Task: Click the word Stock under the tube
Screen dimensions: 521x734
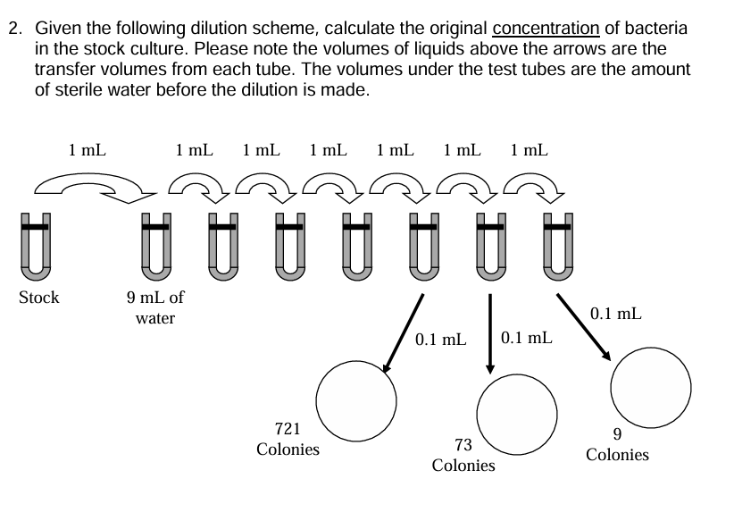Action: click(x=39, y=298)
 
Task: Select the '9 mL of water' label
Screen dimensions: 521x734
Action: click(x=155, y=307)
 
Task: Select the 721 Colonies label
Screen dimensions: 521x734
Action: click(x=288, y=439)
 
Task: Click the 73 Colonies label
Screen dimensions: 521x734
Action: click(x=463, y=455)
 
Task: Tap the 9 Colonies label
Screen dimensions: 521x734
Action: click(x=617, y=444)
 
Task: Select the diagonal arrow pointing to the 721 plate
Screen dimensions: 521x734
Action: click(x=403, y=331)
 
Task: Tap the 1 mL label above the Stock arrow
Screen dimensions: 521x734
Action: click(x=88, y=150)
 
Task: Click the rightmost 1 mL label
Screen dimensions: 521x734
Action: click(x=530, y=150)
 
